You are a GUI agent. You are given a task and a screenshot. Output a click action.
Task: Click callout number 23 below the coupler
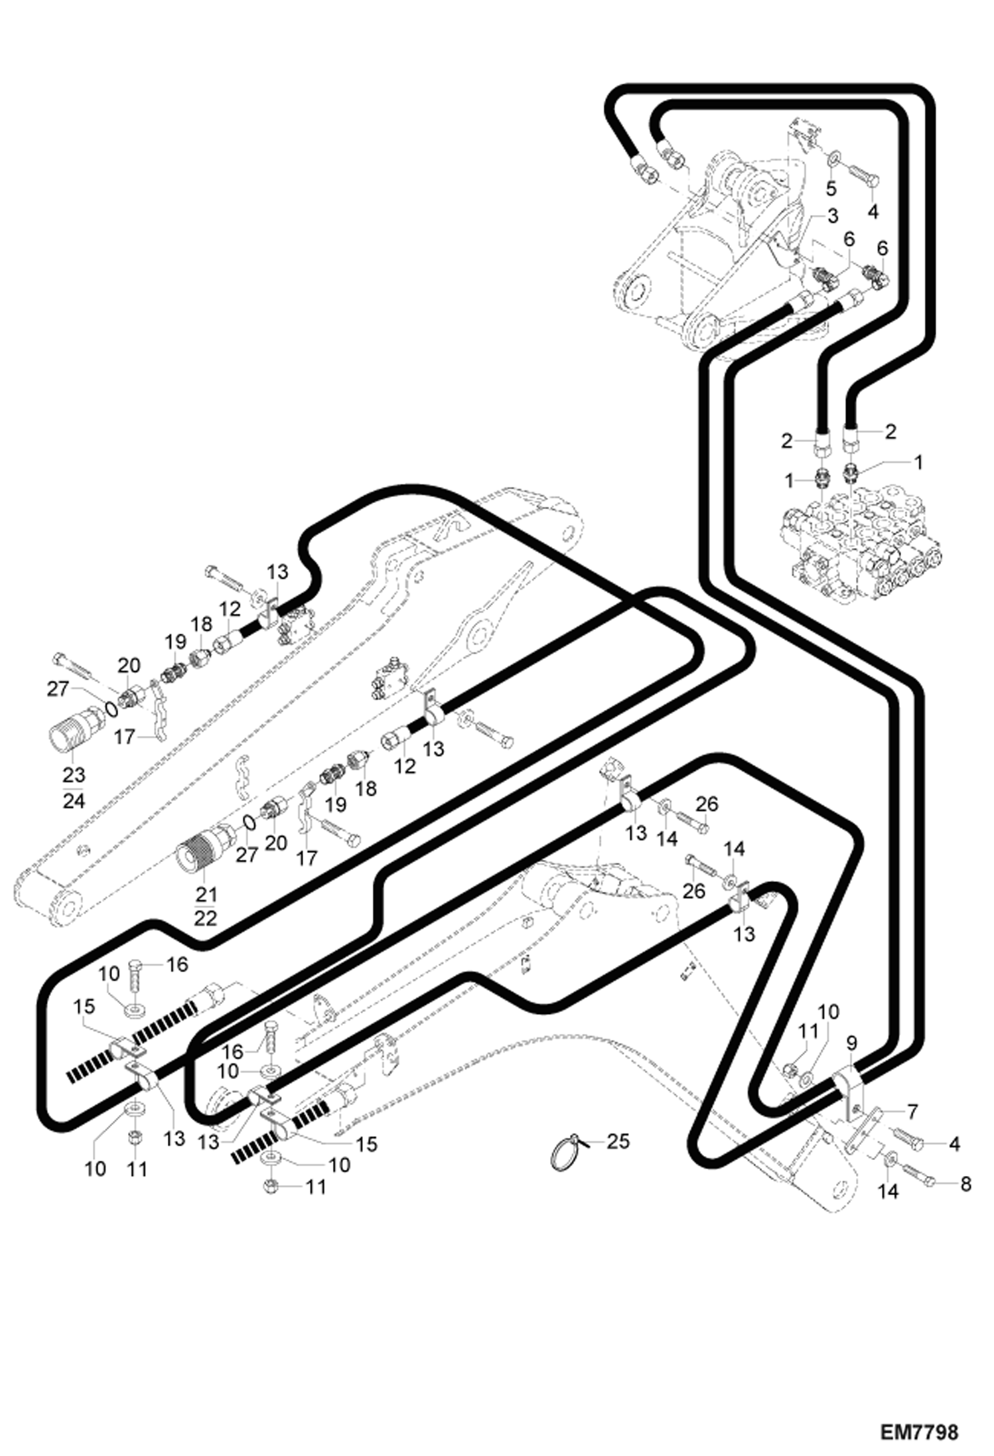click(x=74, y=774)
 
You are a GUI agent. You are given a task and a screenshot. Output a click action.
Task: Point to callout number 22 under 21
click(x=206, y=919)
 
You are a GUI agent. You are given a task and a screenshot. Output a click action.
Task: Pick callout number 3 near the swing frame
click(x=832, y=216)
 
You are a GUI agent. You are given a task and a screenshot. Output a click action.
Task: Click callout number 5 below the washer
click(x=831, y=188)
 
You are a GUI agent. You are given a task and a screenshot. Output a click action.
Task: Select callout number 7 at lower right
click(x=912, y=1110)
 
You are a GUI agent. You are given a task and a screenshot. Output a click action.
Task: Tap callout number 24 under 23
click(x=74, y=801)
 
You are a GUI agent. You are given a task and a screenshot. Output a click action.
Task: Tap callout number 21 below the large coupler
click(x=206, y=894)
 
